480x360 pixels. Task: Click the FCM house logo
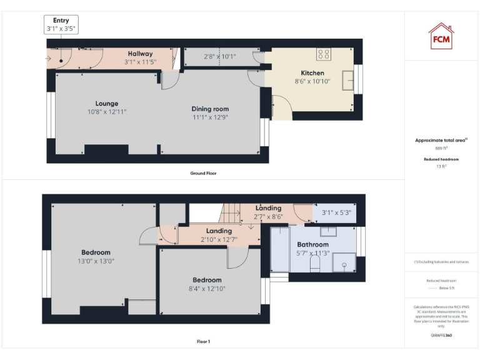[441, 36]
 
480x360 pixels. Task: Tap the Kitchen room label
[312, 73]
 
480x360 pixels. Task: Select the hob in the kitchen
[324, 54]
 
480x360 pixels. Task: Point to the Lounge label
[107, 104]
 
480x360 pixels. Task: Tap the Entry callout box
[61, 25]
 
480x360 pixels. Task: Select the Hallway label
[140, 54]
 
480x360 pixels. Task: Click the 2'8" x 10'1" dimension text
[219, 57]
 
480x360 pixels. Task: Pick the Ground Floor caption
[203, 173]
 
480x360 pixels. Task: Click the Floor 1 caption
[203, 342]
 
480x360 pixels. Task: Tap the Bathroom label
[312, 244]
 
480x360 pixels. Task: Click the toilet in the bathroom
[316, 267]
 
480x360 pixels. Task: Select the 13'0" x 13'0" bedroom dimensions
[96, 261]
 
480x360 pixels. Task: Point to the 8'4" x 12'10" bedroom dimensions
[207, 288]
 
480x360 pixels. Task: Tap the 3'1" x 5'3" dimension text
[336, 212]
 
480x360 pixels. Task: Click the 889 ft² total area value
[442, 149]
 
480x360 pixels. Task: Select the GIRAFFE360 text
[441, 336]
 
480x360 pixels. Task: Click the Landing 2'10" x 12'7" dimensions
[219, 239]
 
